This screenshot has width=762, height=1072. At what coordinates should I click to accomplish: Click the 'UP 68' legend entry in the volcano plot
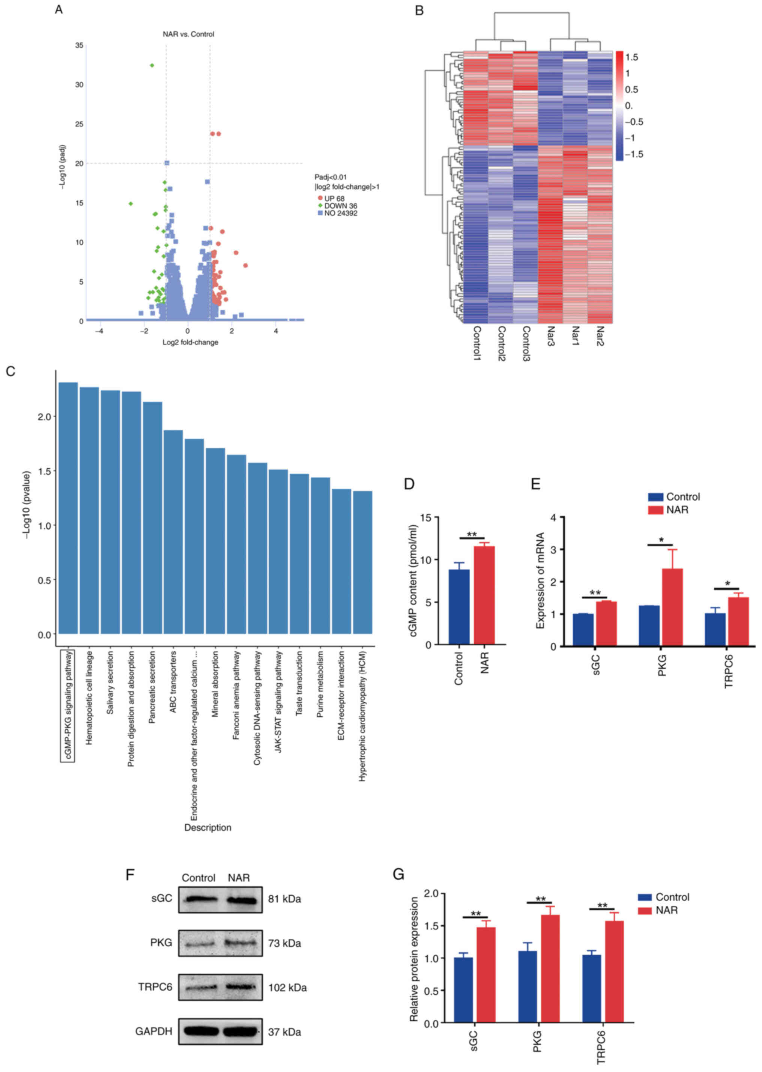pyautogui.click(x=334, y=198)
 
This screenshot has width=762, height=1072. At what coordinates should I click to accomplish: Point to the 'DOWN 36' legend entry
pyautogui.click(x=340, y=206)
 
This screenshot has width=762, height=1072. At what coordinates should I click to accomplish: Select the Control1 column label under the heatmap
pyautogui.click(x=476, y=343)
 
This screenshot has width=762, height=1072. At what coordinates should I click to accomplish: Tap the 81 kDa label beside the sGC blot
pyautogui.click(x=284, y=899)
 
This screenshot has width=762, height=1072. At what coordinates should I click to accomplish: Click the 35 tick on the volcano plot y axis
pyautogui.click(x=79, y=45)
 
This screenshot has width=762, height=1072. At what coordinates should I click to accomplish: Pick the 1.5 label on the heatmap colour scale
pyautogui.click(x=631, y=58)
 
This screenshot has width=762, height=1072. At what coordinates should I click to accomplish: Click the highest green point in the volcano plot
pyautogui.click(x=152, y=65)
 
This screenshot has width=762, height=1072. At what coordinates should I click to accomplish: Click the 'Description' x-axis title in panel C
pyautogui.click(x=207, y=828)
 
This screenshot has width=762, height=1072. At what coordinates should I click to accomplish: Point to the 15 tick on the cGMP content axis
pyautogui.click(x=426, y=518)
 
